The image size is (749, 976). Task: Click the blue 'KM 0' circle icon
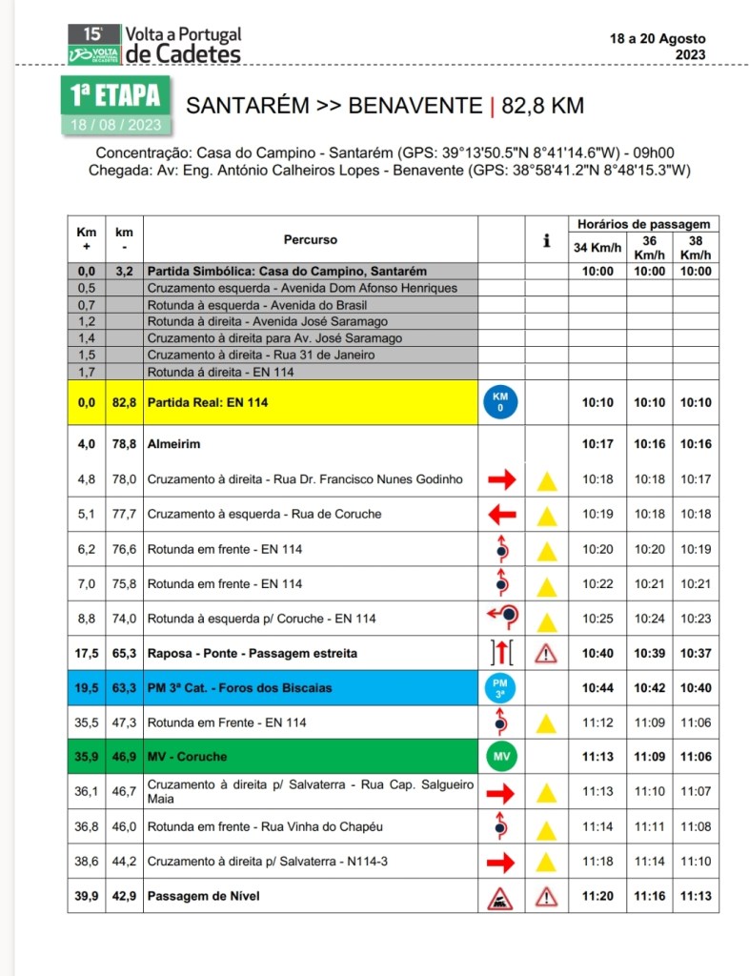coord(500,402)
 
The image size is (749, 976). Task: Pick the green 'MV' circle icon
coord(500,756)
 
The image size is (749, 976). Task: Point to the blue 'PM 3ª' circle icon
coord(500,687)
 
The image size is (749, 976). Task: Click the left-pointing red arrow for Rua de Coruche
coord(500,515)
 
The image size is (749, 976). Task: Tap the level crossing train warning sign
coord(500,896)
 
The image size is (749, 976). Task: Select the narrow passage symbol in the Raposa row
coord(500,653)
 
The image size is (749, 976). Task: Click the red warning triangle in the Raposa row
coord(546,653)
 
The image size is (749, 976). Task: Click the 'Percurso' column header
coord(310,240)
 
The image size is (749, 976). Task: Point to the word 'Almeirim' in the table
coord(173,444)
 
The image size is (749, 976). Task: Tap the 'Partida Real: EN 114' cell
coord(208,403)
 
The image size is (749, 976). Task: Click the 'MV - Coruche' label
coord(189,757)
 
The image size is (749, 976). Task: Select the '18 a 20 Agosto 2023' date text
coord(658,47)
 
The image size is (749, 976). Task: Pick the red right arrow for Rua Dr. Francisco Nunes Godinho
coord(500,479)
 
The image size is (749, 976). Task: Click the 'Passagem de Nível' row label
coord(204,896)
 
